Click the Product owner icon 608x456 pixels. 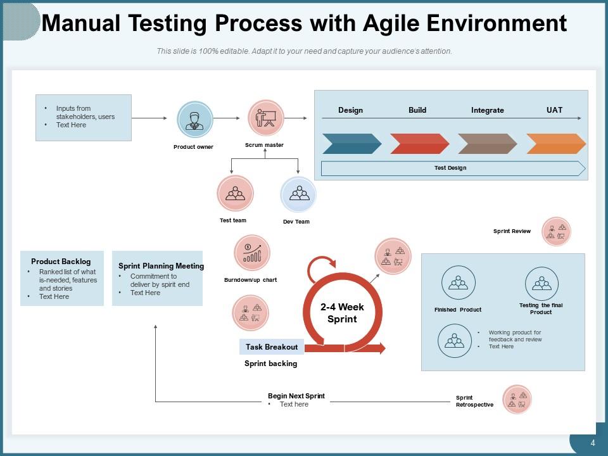click(194, 120)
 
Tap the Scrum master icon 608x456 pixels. click(265, 118)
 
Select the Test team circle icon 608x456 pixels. click(235, 193)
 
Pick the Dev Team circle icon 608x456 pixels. click(298, 194)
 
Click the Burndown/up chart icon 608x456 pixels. click(252, 253)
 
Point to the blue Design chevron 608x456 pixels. click(351, 144)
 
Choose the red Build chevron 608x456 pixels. click(419, 144)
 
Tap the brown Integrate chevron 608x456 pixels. click(487, 144)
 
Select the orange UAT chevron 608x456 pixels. click(555, 144)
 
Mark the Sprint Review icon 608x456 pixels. click(556, 232)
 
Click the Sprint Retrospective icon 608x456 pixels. click(517, 400)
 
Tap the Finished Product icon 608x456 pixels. click(458, 282)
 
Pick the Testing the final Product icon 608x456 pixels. click(541, 282)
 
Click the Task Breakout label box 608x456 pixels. click(272, 347)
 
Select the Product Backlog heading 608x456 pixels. click(61, 262)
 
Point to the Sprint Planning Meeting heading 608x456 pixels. click(161, 266)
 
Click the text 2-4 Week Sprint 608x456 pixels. click(342, 313)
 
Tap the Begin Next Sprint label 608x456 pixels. click(296, 396)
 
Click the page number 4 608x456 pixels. click(593, 443)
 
